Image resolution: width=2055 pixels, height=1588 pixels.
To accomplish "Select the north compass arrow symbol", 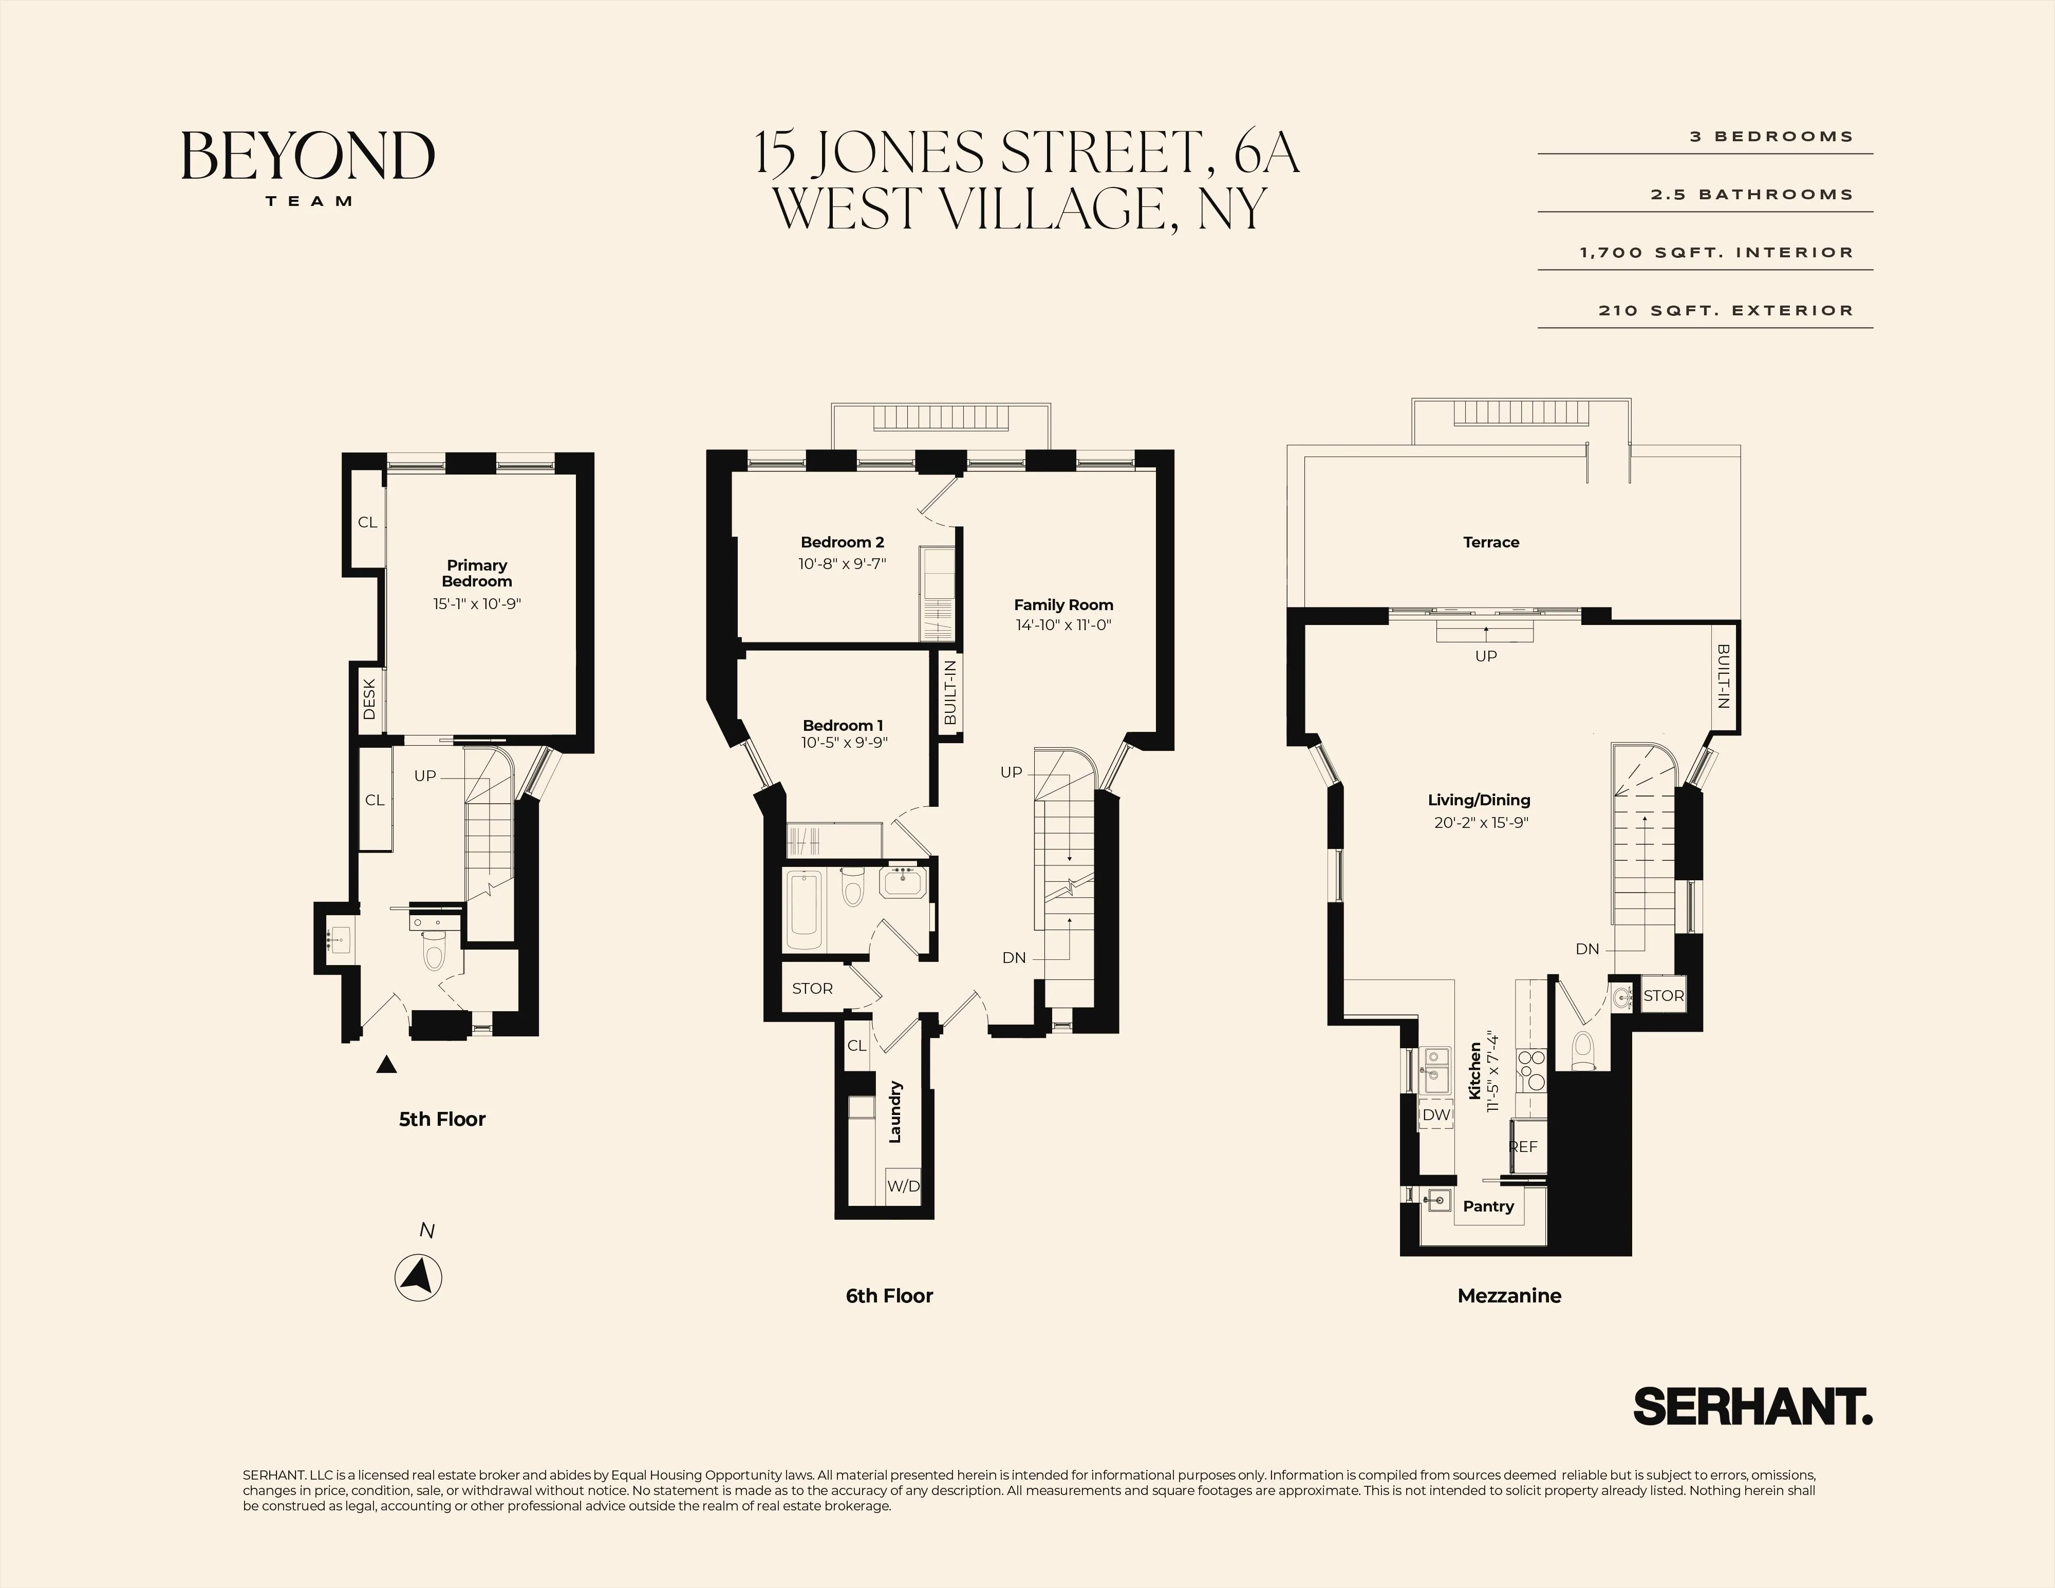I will [x=418, y=1278].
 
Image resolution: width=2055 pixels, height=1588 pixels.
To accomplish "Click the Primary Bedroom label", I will [x=477, y=573].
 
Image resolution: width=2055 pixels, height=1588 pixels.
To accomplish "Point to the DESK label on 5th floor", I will [x=369, y=699].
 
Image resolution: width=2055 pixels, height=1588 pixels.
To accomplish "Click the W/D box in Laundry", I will [x=903, y=1186].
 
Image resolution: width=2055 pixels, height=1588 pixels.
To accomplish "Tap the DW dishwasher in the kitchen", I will [x=1436, y=1115].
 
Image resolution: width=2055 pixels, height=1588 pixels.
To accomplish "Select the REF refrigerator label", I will [x=1523, y=1147].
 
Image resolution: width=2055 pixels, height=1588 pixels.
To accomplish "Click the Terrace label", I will [x=1490, y=542].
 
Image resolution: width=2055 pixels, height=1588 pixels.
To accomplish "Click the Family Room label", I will [x=1063, y=605].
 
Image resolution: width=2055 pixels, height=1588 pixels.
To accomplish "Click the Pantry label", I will [x=1488, y=1206].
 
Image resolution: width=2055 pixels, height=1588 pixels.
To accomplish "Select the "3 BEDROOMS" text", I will [x=1771, y=137].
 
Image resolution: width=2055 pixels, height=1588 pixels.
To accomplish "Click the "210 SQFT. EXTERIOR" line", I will [x=1726, y=310].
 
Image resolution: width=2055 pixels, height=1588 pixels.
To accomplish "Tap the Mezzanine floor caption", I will [x=1508, y=1295].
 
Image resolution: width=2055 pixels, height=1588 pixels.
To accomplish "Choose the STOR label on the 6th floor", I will [x=812, y=989].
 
